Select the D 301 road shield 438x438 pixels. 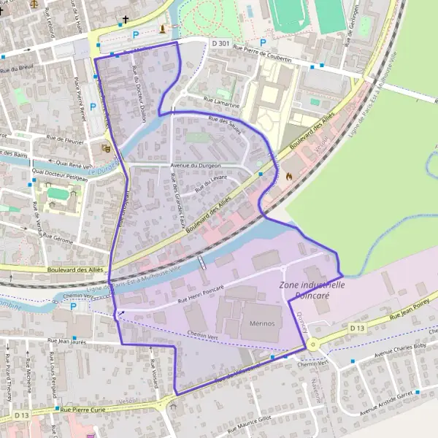pyautogui.click(x=220, y=44)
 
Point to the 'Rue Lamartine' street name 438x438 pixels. pyautogui.click(x=220, y=104)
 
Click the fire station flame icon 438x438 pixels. pyautogui.click(x=289, y=176)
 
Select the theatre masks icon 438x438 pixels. pyautogui.click(x=106, y=147)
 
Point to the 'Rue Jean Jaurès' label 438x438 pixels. pyautogui.click(x=68, y=340)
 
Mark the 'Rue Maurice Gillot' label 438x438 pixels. pyautogui.click(x=248, y=418)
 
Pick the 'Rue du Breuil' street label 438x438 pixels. pyautogui.click(x=18, y=71)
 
